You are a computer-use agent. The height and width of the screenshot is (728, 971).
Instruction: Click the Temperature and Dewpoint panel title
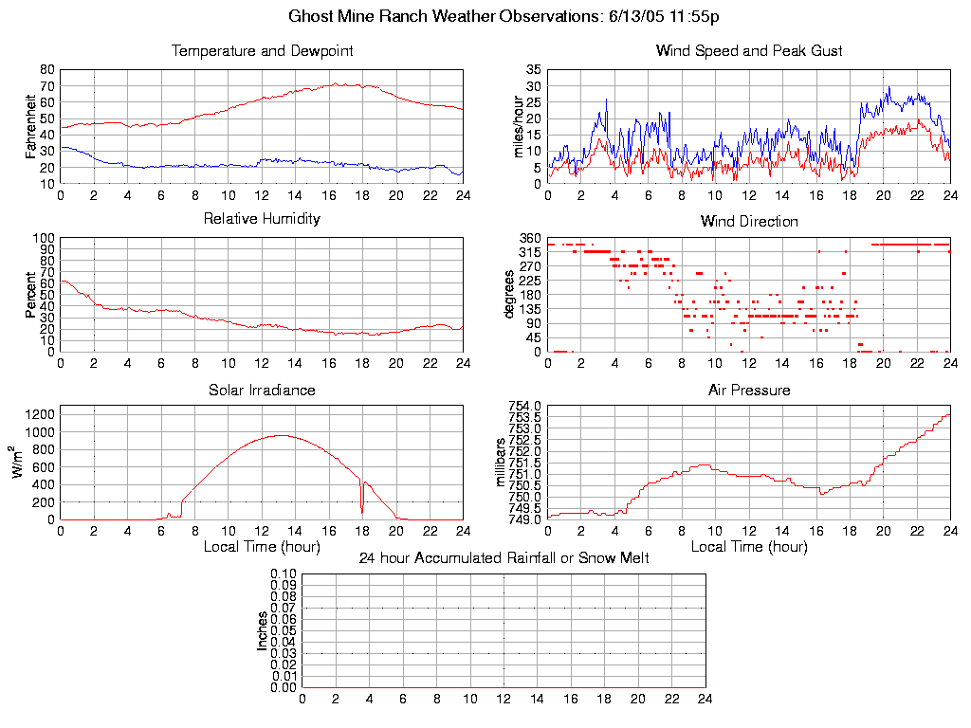coord(262,51)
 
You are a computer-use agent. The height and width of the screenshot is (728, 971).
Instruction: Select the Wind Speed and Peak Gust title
coord(749,51)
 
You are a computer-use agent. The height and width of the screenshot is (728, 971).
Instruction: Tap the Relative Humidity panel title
coord(262,219)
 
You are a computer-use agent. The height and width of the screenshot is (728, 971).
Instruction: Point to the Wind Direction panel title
coord(749,222)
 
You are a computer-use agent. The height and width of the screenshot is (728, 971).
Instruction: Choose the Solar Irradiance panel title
coord(262,390)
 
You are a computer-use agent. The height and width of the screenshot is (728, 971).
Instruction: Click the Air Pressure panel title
coord(749,390)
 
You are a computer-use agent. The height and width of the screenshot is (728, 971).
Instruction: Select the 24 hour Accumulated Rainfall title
coord(504,558)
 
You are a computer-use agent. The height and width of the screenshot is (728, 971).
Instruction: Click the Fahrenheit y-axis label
coord(31,127)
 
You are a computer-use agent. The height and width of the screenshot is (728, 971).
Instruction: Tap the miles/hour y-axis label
coord(518,127)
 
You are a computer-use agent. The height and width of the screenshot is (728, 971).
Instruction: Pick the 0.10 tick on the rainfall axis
coord(284,573)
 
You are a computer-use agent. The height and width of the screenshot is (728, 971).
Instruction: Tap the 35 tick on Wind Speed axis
coord(534,70)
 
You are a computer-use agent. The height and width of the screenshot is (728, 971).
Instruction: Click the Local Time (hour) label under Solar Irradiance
coord(262,547)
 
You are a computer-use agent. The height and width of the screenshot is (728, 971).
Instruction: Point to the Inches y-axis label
coord(263,630)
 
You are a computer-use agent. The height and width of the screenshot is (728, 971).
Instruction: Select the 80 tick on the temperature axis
coord(47,70)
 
